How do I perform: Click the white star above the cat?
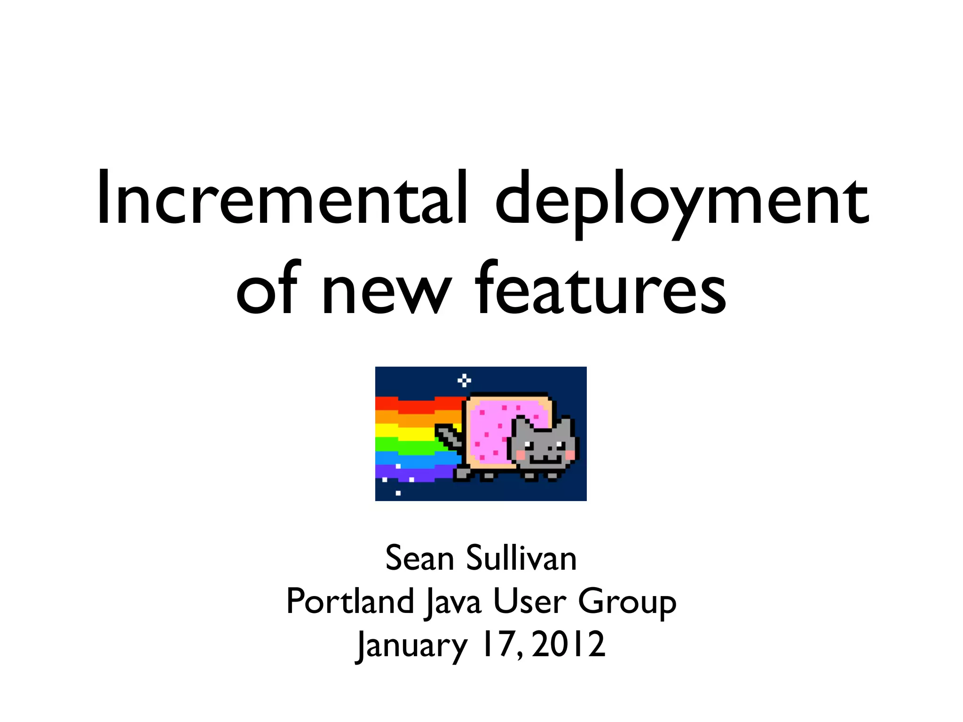(465, 380)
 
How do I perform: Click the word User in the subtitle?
(529, 602)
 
